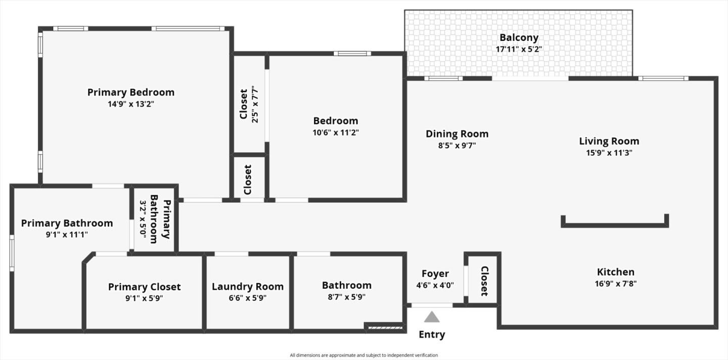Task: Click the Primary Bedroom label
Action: tap(131, 92)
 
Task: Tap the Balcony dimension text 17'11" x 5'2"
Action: tap(519, 49)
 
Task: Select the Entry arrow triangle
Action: tap(431, 317)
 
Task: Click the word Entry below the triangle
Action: tap(432, 334)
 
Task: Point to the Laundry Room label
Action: tap(248, 286)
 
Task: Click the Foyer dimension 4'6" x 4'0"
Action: tap(435, 285)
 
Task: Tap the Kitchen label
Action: tap(615, 272)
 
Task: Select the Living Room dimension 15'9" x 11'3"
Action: tap(609, 152)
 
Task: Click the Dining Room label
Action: tap(457, 133)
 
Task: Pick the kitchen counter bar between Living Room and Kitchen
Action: tap(615, 224)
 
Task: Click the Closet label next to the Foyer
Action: tap(484, 281)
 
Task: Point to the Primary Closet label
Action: tap(144, 287)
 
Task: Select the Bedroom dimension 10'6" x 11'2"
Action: tap(336, 132)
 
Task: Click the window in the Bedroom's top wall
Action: tap(352, 54)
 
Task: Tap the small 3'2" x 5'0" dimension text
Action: tap(143, 219)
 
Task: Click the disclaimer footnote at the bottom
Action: tap(363, 355)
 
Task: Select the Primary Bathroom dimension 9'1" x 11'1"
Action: tap(67, 235)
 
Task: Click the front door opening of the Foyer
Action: tap(432, 305)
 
